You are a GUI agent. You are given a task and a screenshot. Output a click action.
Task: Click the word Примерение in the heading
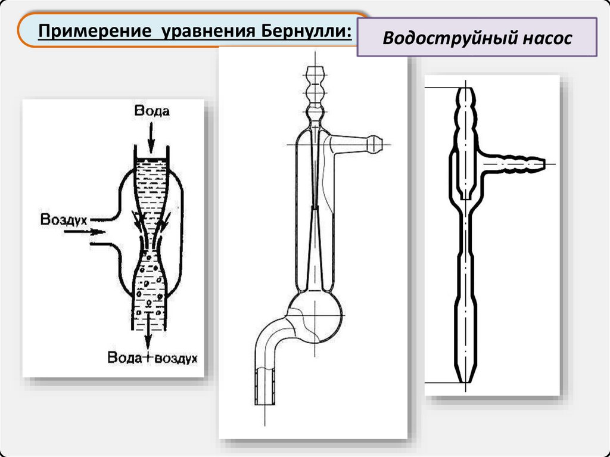[x=93, y=29]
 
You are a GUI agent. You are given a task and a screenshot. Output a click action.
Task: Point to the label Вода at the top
[x=151, y=111]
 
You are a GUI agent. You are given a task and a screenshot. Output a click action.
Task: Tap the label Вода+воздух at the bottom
[x=152, y=358]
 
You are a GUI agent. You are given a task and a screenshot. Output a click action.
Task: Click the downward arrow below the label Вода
[x=151, y=138]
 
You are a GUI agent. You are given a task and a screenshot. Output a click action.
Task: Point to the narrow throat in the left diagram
[x=150, y=241]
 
